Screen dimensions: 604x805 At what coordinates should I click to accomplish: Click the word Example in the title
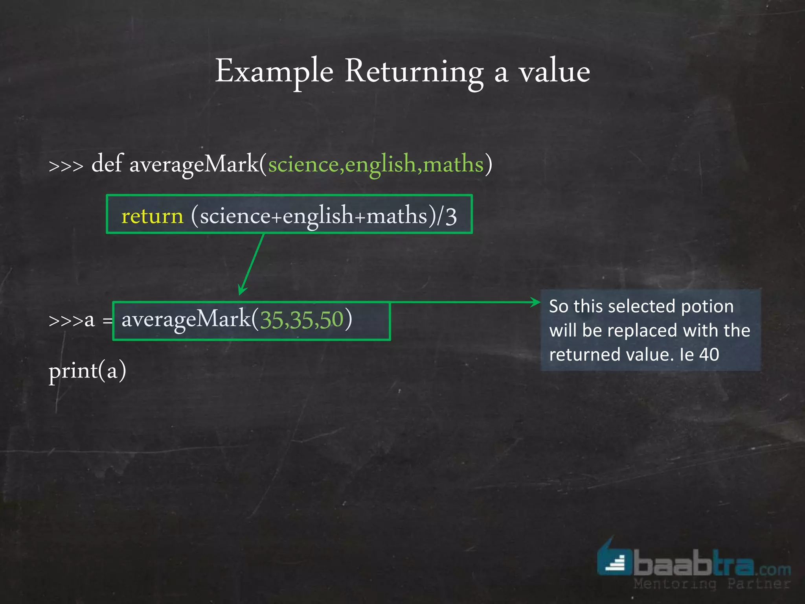(x=274, y=72)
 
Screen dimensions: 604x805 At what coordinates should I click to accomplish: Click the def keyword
(x=107, y=164)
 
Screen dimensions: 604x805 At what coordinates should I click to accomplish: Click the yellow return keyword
(x=152, y=216)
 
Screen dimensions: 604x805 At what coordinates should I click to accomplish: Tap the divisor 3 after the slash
(x=451, y=216)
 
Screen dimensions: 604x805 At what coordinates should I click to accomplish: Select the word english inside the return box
(x=318, y=216)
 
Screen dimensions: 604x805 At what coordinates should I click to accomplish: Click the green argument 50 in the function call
(x=331, y=319)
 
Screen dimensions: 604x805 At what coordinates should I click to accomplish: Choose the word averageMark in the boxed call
(x=186, y=319)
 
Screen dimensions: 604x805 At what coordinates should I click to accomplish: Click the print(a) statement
(x=87, y=370)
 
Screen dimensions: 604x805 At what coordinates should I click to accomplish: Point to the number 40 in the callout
(x=709, y=355)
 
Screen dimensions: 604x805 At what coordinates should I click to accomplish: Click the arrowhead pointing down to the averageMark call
(x=242, y=290)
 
